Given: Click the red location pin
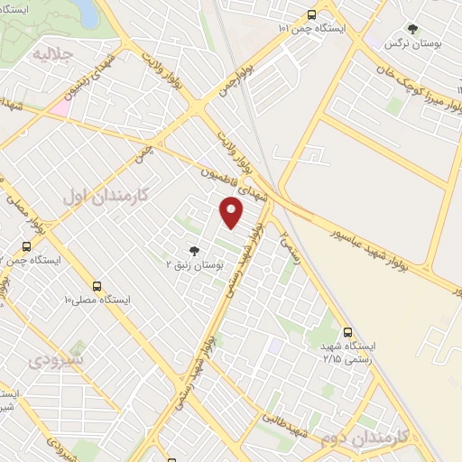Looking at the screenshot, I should (232, 213).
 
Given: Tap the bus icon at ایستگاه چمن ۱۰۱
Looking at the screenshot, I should (311, 14).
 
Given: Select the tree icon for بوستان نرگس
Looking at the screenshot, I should (412, 29).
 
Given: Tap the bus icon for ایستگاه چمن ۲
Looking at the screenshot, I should (26, 245).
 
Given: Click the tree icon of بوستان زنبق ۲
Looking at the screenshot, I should (192, 250).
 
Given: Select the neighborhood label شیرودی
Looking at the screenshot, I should (56, 361).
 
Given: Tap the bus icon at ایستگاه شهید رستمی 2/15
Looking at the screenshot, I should (348, 332).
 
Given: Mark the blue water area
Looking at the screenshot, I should (85, 12).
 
